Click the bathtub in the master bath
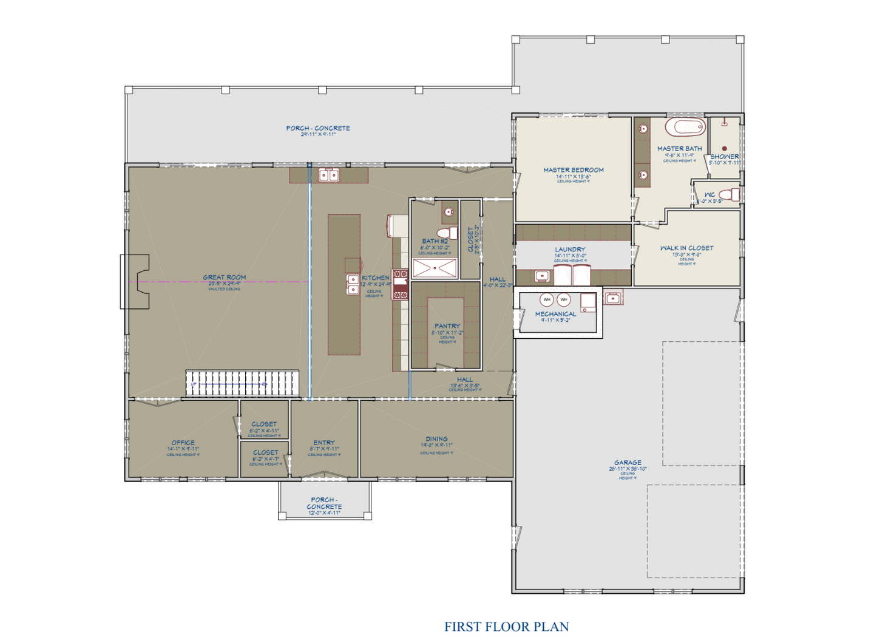click(685, 128)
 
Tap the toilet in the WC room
click(734, 194)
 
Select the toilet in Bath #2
click(445, 233)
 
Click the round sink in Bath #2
click(449, 212)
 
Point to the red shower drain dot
click(724, 148)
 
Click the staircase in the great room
click(242, 383)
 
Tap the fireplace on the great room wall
click(136, 282)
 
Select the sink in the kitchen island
click(353, 284)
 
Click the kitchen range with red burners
click(400, 285)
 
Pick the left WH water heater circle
click(547, 299)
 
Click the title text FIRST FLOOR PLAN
click(506, 627)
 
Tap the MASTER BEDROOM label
click(573, 170)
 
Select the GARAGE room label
click(627, 463)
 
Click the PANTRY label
click(447, 326)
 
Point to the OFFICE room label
click(183, 443)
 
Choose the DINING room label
click(436, 439)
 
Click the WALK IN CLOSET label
click(686, 248)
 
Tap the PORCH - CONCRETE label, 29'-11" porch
click(318, 128)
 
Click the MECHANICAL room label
click(555, 314)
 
